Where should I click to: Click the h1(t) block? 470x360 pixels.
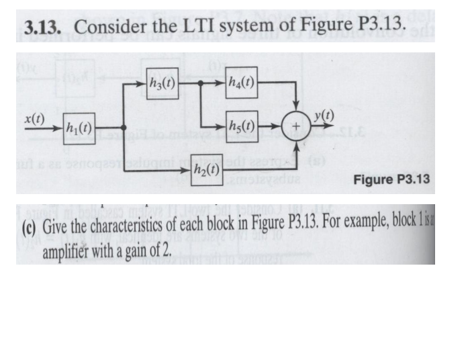(78, 126)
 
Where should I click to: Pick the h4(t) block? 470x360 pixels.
(242, 85)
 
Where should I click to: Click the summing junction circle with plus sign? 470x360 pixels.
(294, 126)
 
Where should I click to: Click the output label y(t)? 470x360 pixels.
(324, 116)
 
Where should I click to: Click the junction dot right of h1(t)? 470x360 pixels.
(123, 127)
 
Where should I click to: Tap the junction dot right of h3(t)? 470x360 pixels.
(203, 85)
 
